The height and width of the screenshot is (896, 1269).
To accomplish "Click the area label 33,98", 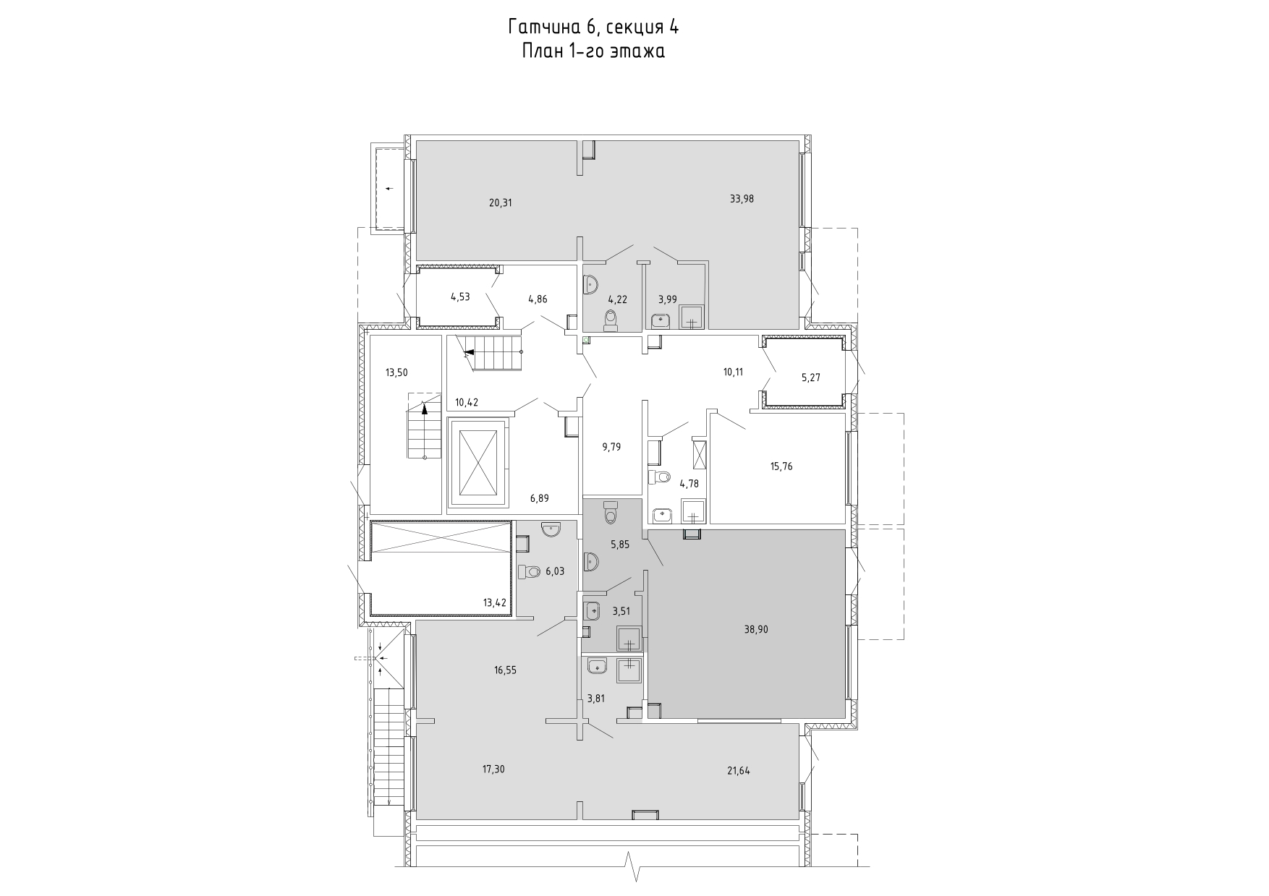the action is pos(742,199).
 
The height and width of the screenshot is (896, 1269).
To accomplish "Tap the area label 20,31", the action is pos(500,203).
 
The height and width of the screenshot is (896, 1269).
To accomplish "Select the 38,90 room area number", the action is pos(756,630).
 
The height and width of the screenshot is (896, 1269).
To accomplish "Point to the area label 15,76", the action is pos(781,466).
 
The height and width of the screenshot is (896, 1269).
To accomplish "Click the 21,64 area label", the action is pos(738,771).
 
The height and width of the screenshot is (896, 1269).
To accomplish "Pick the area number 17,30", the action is pos(493,769).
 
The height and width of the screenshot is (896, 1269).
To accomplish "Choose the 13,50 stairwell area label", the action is pos(396,373).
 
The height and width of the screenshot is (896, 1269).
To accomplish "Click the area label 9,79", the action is pos(611,447).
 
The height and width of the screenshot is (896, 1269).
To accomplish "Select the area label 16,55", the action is pos(505,670).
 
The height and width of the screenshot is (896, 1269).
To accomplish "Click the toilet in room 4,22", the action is pos(611,319).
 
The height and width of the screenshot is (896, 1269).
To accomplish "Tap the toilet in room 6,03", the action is pos(530,572).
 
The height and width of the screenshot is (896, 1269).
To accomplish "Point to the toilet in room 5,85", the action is pos(610,512).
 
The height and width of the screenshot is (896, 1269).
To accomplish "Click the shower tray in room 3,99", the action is pos(692,317).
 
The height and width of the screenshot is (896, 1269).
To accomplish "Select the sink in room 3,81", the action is pos(597,666).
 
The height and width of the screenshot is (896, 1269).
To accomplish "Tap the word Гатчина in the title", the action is pos(546,27).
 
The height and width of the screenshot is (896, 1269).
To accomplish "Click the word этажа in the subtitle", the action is pos(637,51).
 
